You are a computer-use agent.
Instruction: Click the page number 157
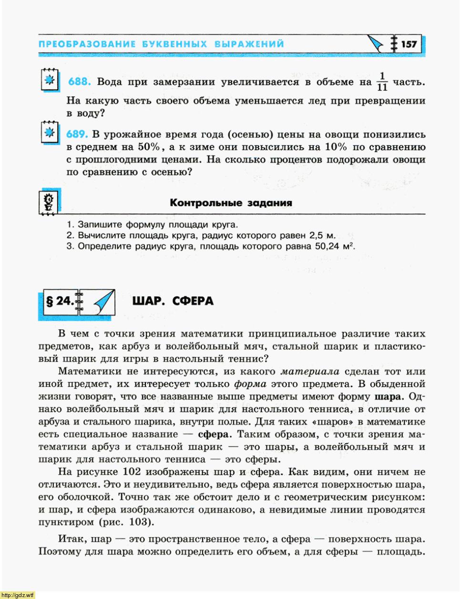pos(409,44)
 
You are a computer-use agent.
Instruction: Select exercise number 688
pos(79,82)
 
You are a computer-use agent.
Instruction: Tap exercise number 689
pos(77,135)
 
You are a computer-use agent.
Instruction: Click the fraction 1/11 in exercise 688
pos(382,82)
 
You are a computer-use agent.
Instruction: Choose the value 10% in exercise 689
pos(336,147)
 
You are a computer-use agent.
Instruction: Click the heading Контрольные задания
pos(231,203)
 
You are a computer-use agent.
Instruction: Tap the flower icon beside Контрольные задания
pos(49,203)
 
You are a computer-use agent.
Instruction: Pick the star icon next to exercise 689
pos(49,132)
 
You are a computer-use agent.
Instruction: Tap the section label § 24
pos(59,301)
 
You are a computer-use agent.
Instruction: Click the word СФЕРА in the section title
pos(193,301)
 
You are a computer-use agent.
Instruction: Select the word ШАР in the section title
pos(147,301)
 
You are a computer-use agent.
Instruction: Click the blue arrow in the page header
pos(375,44)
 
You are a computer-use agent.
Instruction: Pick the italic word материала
pos(310,372)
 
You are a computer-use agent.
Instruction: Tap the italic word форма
pos(250,384)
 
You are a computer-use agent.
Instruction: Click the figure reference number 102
pos(132,472)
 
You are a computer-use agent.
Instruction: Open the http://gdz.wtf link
pos(18,595)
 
